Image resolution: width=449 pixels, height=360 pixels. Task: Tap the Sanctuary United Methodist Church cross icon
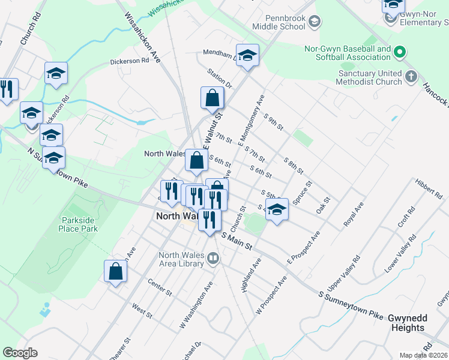(x=411, y=77)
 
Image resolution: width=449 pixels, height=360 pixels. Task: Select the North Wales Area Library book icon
(x=212, y=259)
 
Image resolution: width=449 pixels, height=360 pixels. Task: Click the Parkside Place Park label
(x=79, y=224)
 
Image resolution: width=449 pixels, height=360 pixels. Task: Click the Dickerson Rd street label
(x=129, y=61)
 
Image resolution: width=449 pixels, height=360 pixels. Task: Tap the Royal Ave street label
(x=354, y=214)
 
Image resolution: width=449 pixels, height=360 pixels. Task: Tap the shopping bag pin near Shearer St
(x=116, y=271)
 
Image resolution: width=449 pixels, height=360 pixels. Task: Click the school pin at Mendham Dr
(x=247, y=55)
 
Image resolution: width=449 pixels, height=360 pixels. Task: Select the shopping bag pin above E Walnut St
(x=212, y=98)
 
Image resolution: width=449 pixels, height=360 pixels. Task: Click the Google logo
(x=20, y=353)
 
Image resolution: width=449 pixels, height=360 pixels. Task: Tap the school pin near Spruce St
(x=277, y=210)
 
